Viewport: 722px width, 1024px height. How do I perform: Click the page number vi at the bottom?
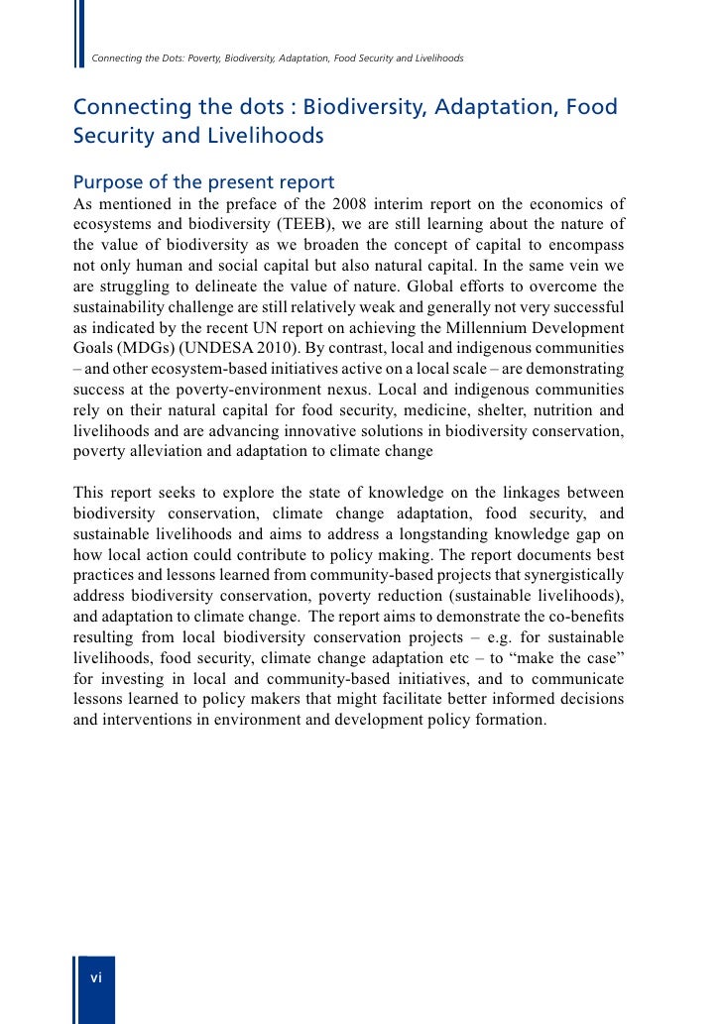click(x=96, y=977)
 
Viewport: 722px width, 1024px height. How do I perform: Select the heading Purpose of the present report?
click(x=204, y=183)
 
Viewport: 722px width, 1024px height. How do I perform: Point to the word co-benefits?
click(x=584, y=616)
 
